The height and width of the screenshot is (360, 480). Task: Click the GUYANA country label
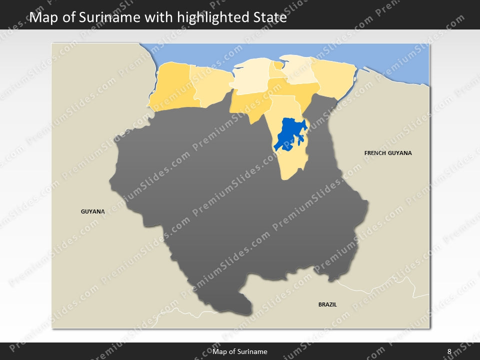pyautogui.click(x=92, y=211)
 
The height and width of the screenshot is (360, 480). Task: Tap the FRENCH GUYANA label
pyautogui.click(x=388, y=153)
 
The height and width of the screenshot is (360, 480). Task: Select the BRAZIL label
pyautogui.click(x=327, y=304)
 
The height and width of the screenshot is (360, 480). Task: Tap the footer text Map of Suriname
pyautogui.click(x=240, y=351)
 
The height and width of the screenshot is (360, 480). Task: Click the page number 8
pyautogui.click(x=449, y=351)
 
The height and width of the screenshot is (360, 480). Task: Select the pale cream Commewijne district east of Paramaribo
pyautogui.click(x=298, y=70)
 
